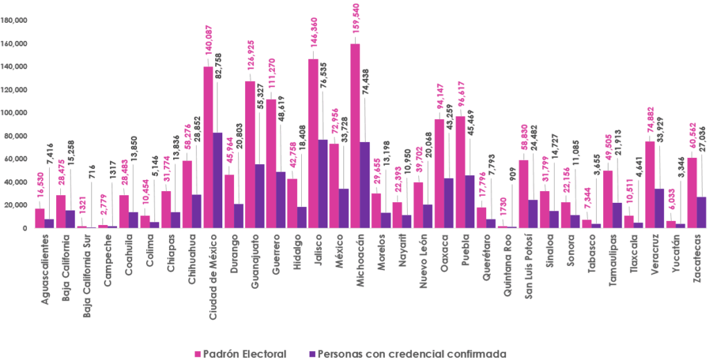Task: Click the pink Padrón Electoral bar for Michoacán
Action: point(355,136)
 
